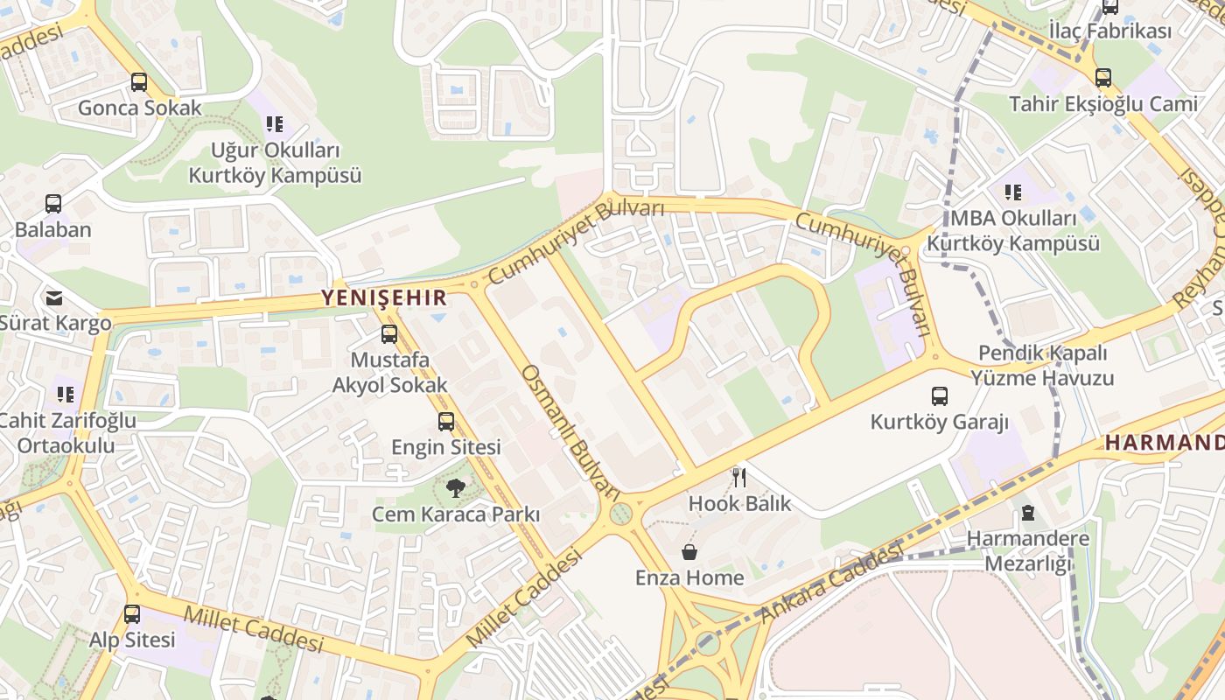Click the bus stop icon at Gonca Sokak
point(139,82)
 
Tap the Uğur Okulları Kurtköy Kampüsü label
point(275,162)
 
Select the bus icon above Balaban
point(53,204)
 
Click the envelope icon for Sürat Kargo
point(54,297)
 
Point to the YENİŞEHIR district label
point(384,297)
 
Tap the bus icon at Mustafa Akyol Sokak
point(389,334)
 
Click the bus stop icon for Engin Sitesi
point(446,422)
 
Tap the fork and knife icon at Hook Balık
point(739,478)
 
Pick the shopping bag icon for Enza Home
point(689,552)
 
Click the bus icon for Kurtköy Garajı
point(940,396)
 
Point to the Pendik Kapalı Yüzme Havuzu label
point(1042,366)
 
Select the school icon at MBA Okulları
point(1013,192)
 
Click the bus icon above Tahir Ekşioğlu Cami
point(1103,78)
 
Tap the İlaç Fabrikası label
point(1109,31)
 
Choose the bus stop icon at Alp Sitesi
point(132,614)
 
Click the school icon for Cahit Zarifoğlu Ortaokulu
point(66,395)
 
